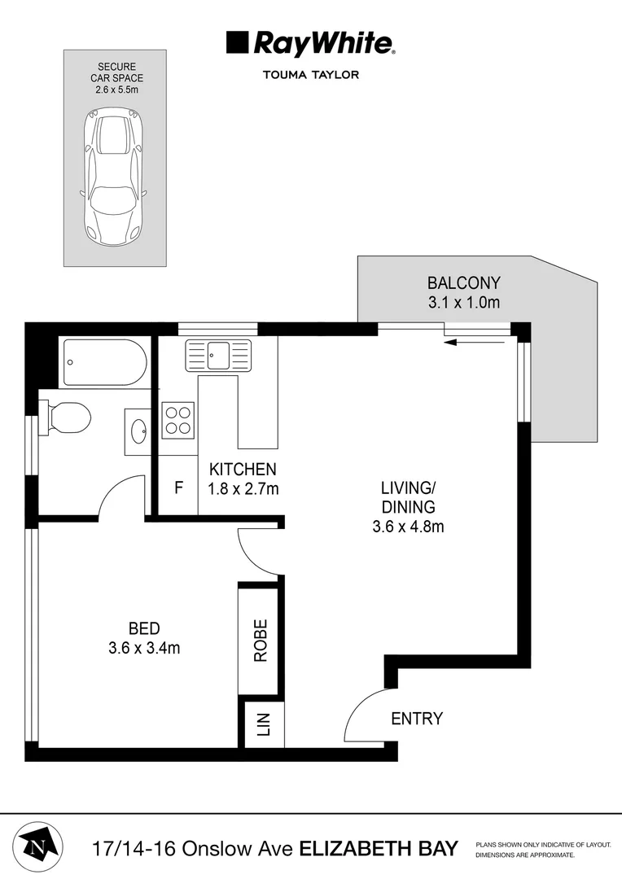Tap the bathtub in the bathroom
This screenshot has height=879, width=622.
105,362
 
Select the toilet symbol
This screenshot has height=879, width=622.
68,418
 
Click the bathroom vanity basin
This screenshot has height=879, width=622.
138,431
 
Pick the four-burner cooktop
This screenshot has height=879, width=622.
177,420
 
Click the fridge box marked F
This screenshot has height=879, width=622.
178,489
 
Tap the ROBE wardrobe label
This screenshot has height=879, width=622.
261,640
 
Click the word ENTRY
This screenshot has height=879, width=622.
417,719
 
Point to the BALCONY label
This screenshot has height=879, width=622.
463,283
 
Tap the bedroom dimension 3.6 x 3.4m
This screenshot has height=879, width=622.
143,648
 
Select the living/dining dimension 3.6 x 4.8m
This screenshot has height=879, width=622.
408,526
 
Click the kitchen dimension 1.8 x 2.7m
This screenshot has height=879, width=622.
243,489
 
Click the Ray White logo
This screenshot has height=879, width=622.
310,43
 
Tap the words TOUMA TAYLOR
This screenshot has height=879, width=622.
310,75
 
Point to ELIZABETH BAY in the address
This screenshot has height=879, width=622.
379,848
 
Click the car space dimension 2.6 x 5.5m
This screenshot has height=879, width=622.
115,90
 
